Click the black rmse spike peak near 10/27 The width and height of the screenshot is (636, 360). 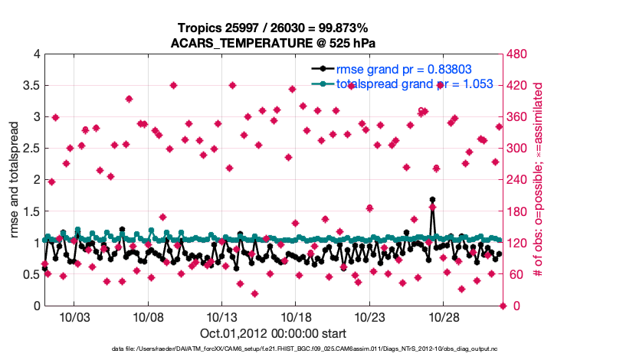433,200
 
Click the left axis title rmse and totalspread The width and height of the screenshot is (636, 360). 15,180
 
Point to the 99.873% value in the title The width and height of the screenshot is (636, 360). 330,28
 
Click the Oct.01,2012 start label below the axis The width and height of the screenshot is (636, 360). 273,333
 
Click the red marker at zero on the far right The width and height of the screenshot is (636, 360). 503,306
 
